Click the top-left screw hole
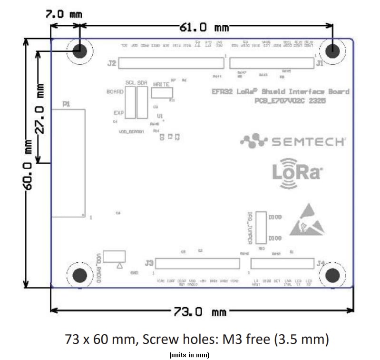click(79, 50)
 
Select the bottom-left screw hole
click(79, 275)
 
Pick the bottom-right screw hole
click(332, 275)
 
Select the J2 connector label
click(112, 63)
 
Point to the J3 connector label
click(149, 263)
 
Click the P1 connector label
click(66, 104)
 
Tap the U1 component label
click(160, 116)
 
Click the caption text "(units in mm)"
click(189, 355)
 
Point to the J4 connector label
click(321, 263)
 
